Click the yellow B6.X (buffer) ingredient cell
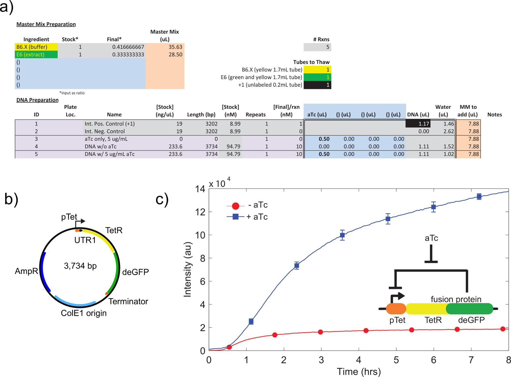pos(36,47)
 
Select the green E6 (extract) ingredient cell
pos(36,54)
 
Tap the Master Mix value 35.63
pos(175,47)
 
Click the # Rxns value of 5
pos(317,47)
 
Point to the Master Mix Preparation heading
pos(46,24)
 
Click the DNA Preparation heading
pos(37,100)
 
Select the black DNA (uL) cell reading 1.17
pos(418,124)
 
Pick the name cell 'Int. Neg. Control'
pos(105,131)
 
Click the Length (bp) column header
pos(201,115)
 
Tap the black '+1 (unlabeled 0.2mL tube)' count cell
pos(317,85)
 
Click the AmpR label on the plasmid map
pos(26,271)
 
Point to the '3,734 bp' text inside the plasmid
pos(80,266)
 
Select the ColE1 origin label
pos(84,313)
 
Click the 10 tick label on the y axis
pos(200,235)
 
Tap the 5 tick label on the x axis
pos(396,360)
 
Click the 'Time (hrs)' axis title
pos(359,372)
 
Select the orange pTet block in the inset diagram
pos(396,309)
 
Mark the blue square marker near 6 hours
pos(433,207)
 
